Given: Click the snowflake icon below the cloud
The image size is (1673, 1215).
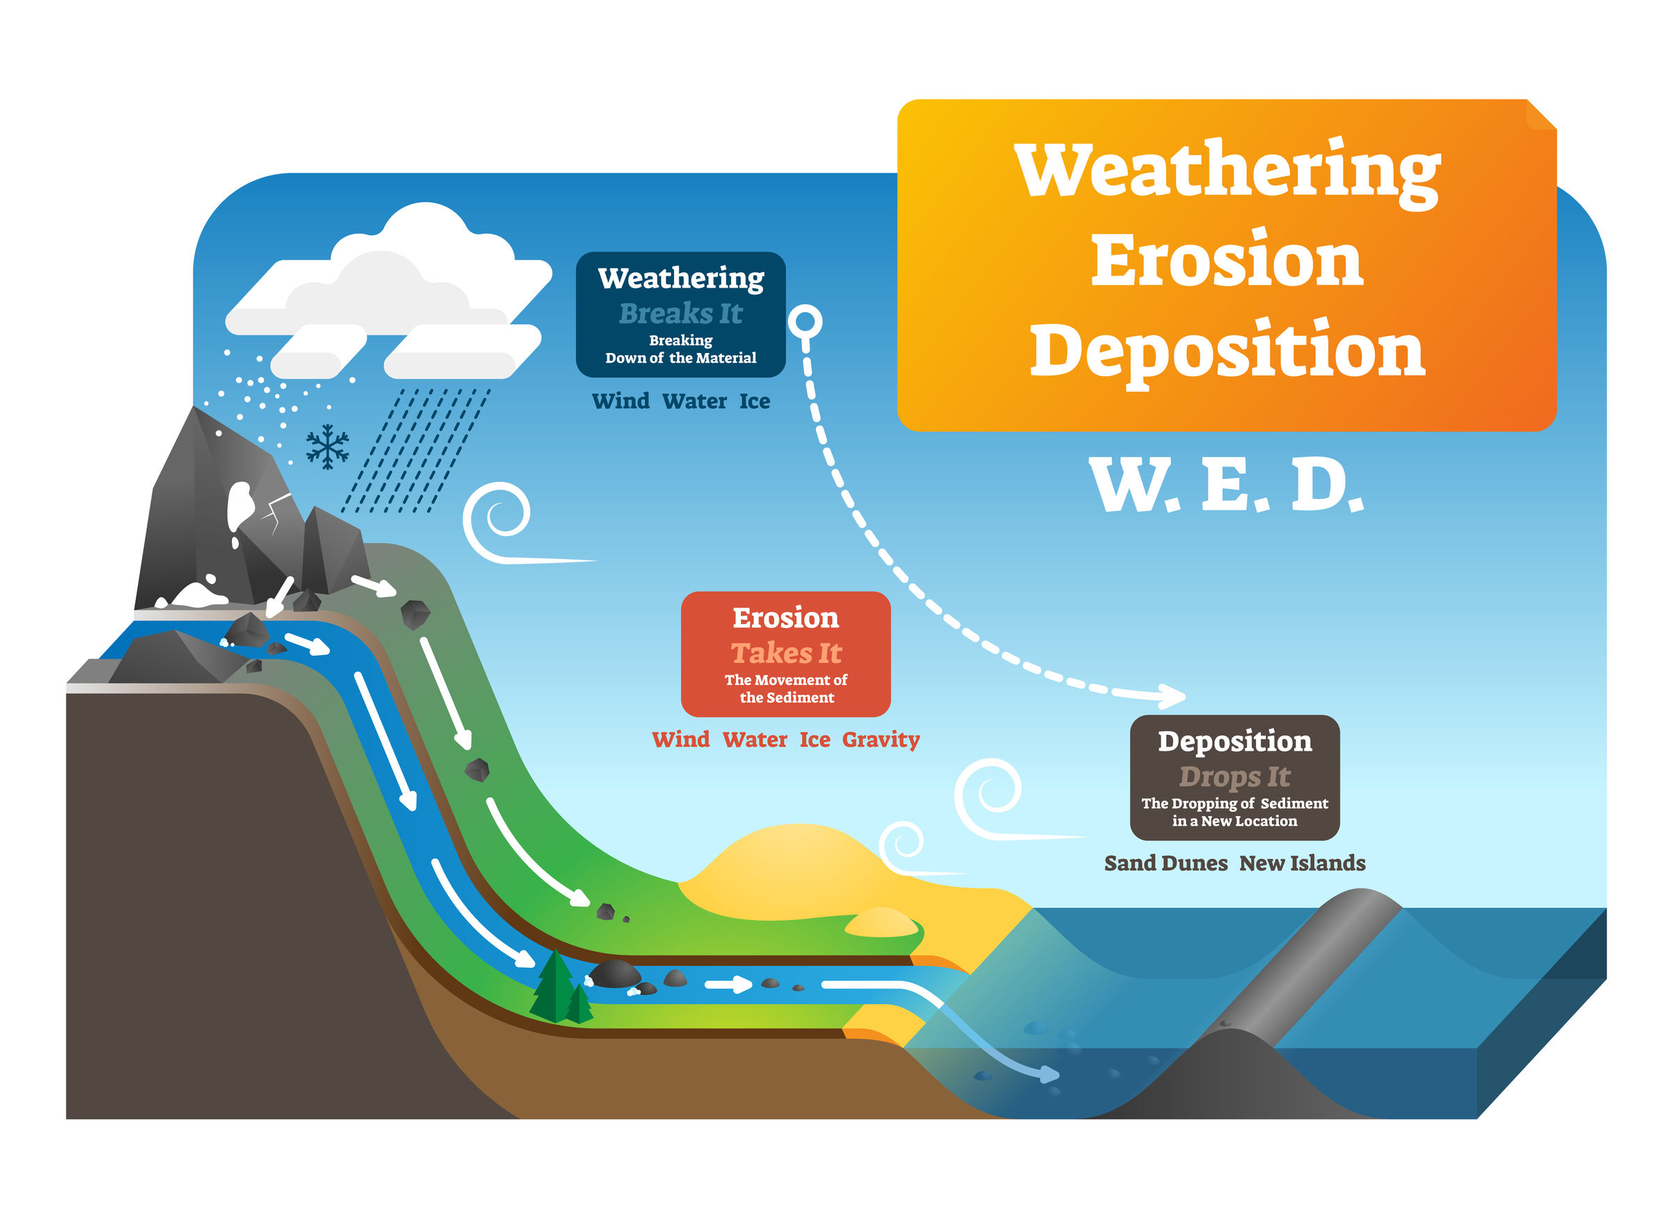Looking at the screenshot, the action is [x=327, y=446].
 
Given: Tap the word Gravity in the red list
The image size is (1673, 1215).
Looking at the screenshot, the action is [x=881, y=740].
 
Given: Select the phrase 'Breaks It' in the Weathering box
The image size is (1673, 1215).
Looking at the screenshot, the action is [x=681, y=313].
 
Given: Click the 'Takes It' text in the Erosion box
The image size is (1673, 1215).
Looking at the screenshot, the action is [x=785, y=653].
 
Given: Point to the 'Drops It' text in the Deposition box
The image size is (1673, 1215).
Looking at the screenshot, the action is [x=1234, y=777].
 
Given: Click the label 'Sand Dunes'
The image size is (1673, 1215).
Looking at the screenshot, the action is [x=1165, y=863].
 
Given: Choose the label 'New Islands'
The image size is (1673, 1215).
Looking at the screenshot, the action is [x=1302, y=863].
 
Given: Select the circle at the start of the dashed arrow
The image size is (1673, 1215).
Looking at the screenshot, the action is [x=805, y=322].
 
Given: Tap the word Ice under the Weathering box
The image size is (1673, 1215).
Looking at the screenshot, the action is [x=755, y=401].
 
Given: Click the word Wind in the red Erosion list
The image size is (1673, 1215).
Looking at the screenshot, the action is [x=680, y=740].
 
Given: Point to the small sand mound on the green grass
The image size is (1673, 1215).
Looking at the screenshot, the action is [x=881, y=923].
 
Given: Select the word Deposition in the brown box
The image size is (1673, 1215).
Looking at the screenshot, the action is [x=1235, y=741].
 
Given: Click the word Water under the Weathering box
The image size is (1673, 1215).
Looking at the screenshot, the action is [x=694, y=401].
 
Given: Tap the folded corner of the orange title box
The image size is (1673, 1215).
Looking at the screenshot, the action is [x=1541, y=114].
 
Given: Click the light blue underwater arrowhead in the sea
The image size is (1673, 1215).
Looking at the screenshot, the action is [x=1051, y=1074].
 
